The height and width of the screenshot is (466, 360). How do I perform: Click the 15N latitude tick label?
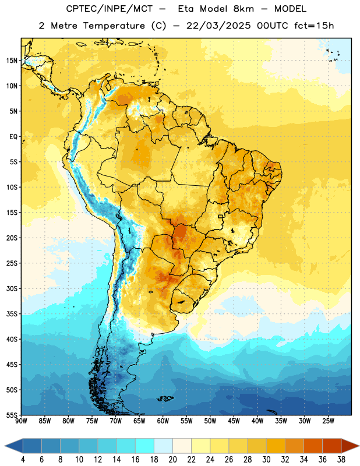[12, 61]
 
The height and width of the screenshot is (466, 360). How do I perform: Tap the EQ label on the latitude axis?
[13, 137]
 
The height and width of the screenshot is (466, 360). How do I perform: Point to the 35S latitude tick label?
[12, 314]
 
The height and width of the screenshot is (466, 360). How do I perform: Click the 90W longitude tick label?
[22, 421]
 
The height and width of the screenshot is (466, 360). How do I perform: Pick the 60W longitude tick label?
[163, 421]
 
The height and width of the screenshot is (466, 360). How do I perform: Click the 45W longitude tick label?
[234, 421]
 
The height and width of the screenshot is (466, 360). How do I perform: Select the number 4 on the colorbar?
[23, 460]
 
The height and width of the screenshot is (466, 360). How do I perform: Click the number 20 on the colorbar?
[172, 460]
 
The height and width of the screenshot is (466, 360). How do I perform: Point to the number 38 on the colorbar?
[341, 460]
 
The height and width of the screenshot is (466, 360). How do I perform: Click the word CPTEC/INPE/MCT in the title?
[109, 9]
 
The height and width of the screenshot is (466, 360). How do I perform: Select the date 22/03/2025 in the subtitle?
[218, 26]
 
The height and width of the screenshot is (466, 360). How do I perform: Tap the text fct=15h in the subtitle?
[314, 26]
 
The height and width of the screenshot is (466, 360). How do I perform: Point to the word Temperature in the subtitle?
[114, 26]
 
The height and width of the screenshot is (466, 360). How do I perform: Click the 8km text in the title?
[243, 9]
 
